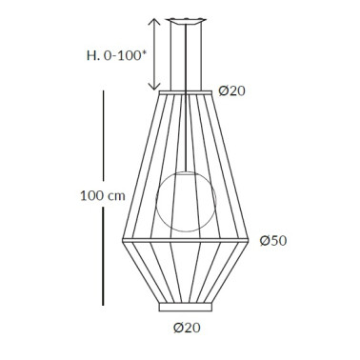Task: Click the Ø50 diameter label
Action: [x=274, y=240]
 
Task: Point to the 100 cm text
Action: [x=103, y=196]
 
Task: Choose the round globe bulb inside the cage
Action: [x=185, y=201]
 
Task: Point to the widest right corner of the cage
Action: [x=252, y=239]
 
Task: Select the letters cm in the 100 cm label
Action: [x=116, y=196]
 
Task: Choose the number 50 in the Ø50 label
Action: [x=280, y=240]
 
